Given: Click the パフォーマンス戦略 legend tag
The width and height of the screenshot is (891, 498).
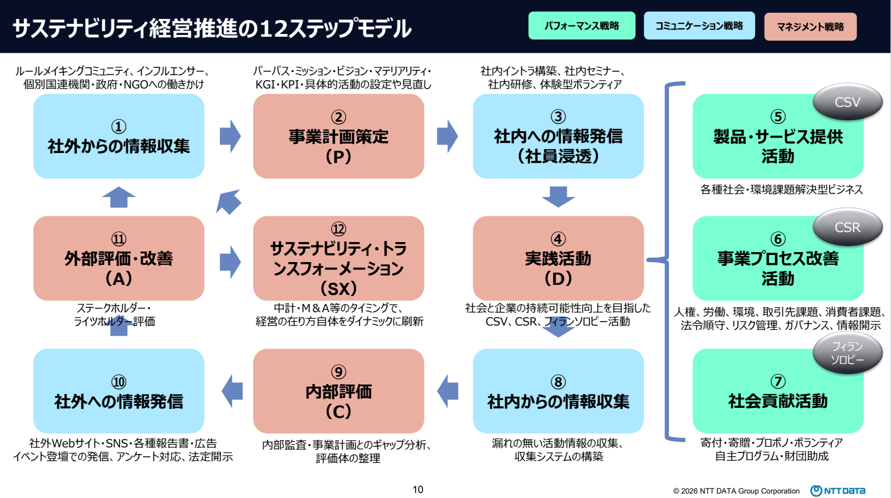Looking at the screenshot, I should (582, 26).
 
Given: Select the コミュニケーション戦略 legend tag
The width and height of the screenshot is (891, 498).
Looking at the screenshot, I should (699, 26).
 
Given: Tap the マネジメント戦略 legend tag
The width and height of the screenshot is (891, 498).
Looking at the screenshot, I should (810, 27).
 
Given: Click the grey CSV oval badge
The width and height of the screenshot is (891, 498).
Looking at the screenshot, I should (847, 102).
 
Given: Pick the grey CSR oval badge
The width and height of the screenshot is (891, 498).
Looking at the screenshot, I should (847, 228).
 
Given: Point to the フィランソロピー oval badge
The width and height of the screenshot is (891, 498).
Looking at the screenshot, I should (847, 353).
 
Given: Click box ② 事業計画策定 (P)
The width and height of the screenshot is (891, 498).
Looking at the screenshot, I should (338, 136).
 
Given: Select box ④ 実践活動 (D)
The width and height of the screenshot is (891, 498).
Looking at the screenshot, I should (558, 258).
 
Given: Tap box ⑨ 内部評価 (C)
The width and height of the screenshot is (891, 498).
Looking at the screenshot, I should (338, 391).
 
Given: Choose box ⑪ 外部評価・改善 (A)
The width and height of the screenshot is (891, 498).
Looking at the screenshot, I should (119, 258).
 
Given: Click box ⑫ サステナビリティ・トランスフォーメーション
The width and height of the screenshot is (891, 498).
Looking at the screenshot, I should (338, 258).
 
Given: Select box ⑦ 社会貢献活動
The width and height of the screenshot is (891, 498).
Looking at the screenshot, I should (777, 391).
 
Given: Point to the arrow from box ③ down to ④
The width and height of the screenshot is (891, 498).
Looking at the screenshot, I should (558, 196).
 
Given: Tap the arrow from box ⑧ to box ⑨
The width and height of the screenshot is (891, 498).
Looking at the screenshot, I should (448, 391).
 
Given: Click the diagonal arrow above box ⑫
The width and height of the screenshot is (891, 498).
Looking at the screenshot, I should (229, 201).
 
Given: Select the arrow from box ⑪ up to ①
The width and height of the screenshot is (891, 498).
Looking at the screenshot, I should (119, 197).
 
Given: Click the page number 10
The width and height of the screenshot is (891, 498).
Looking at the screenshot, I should (418, 490).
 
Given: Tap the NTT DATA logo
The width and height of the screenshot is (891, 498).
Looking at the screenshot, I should (838, 490).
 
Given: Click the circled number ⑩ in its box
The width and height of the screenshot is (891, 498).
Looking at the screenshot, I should (119, 382).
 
